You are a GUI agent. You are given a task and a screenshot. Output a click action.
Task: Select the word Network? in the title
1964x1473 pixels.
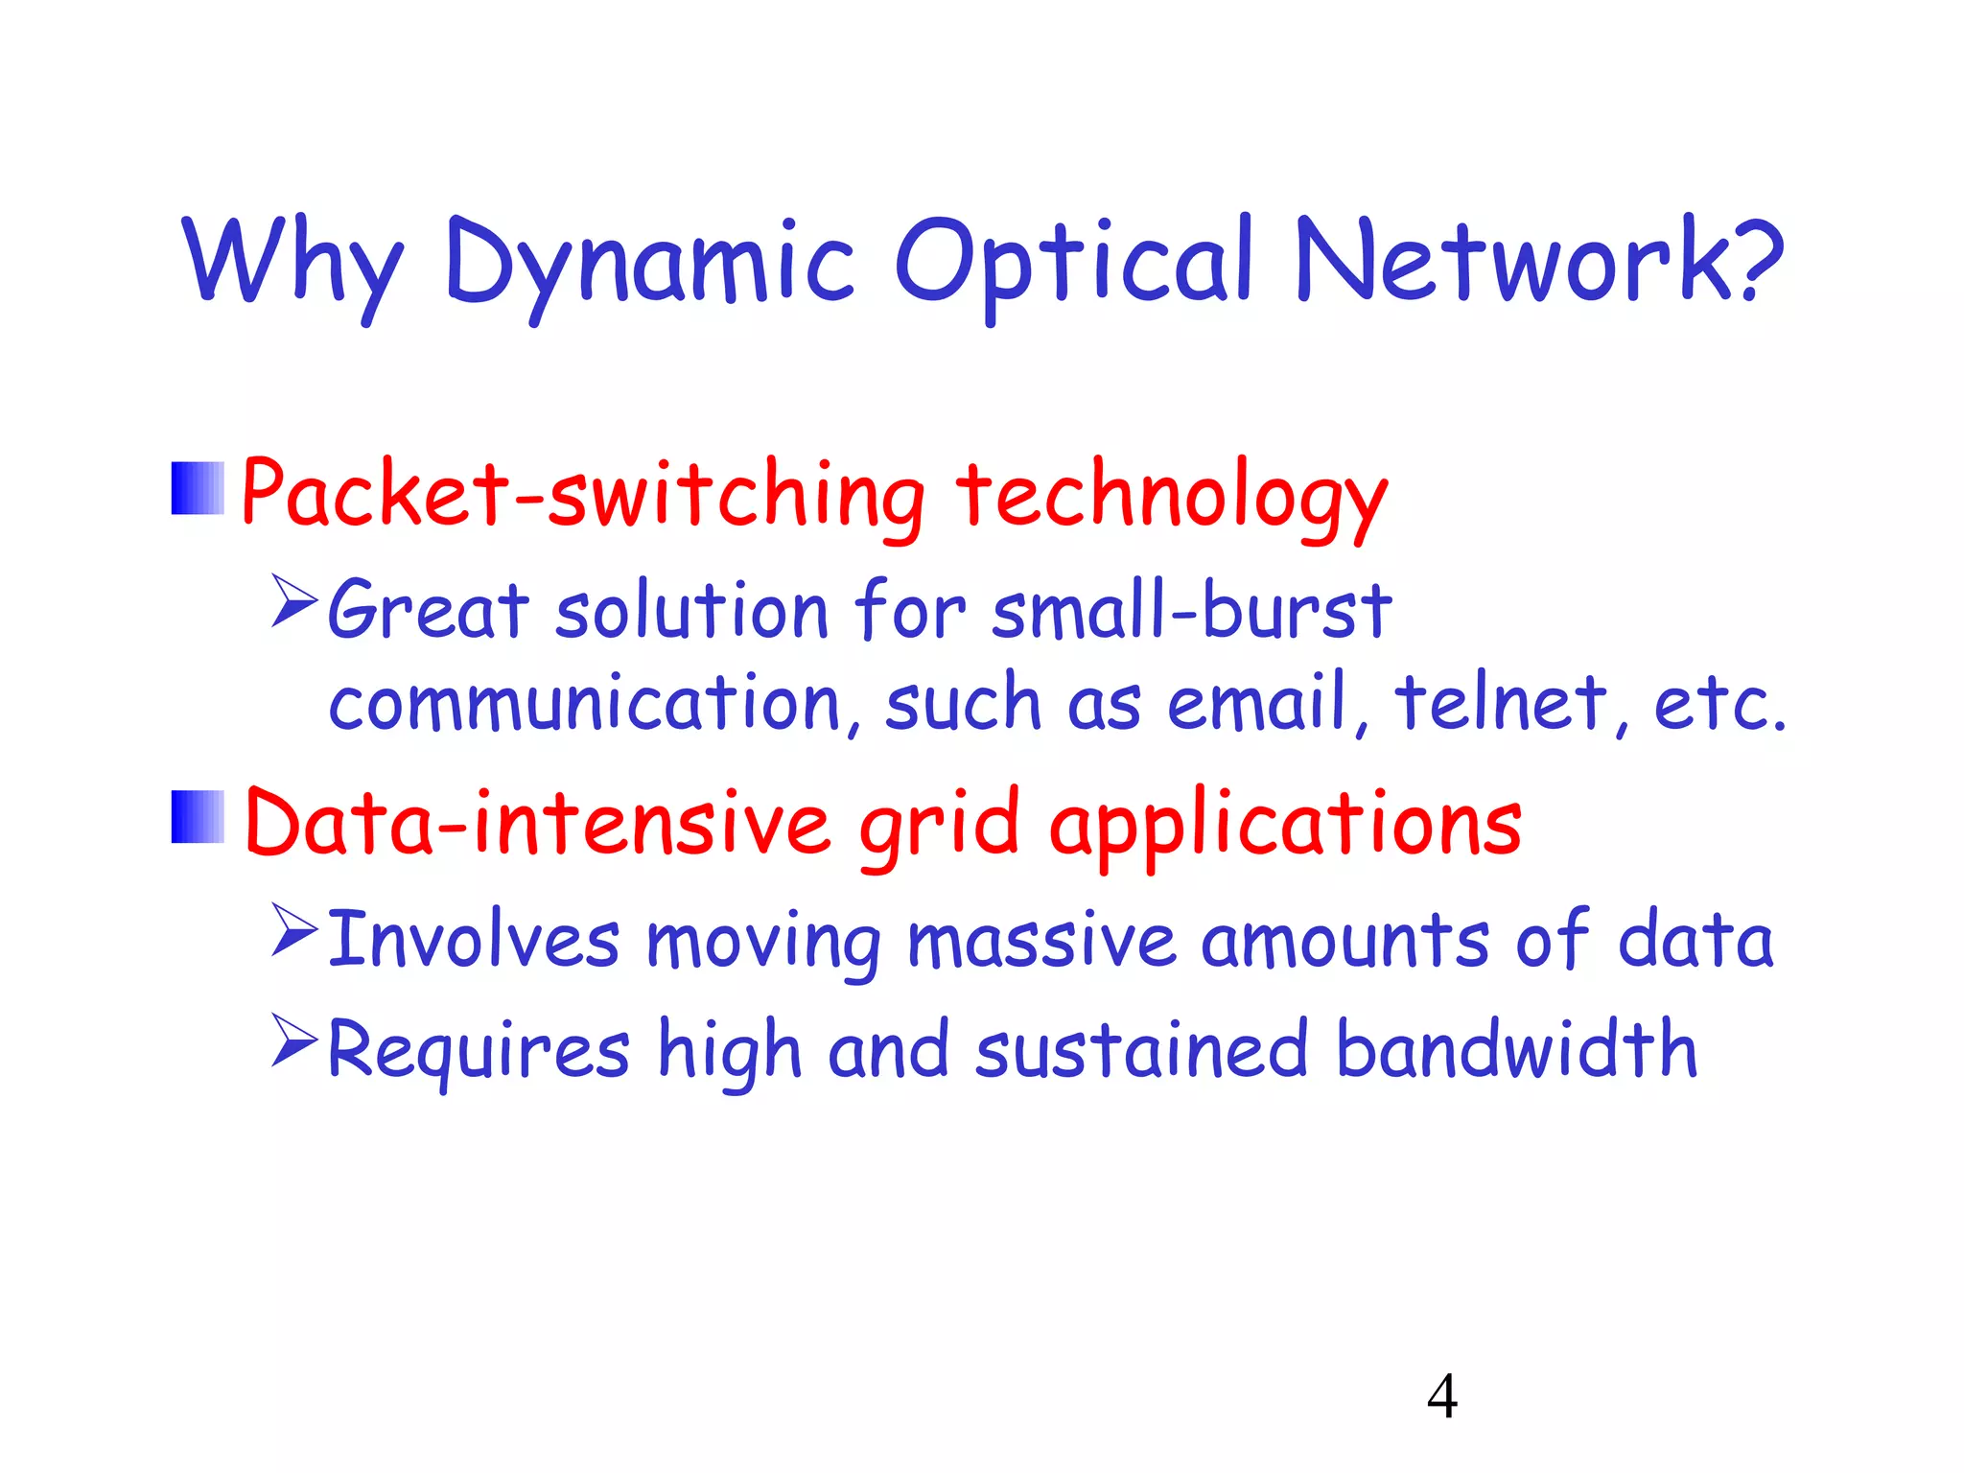pos(1538,261)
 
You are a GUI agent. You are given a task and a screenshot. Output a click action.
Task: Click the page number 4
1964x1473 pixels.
pos(1441,1396)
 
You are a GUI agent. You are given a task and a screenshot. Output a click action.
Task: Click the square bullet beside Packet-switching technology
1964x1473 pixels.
pos(198,489)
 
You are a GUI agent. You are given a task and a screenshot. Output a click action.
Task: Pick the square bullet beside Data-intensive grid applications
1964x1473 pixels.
pos(198,817)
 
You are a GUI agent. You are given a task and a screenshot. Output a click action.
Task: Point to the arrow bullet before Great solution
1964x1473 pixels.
pos(293,601)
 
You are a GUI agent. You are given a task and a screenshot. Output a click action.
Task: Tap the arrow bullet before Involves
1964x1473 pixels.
pos(293,930)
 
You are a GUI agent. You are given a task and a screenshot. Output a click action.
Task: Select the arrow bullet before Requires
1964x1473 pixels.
pos(293,1041)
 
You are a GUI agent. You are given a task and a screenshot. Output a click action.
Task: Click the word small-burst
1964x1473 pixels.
pos(1191,610)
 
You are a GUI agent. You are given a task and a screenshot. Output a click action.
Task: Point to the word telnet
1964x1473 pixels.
pos(1500,702)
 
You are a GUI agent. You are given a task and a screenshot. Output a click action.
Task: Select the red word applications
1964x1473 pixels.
pos(1285,825)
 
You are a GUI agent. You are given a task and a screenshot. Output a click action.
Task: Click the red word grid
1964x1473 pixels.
pos(938,825)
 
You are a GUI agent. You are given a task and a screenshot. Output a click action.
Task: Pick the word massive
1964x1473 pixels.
pos(1041,940)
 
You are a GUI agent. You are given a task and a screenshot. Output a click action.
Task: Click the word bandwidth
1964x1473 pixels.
pos(1516,1049)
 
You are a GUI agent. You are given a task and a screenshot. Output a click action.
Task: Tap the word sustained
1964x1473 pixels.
pos(1141,1049)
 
